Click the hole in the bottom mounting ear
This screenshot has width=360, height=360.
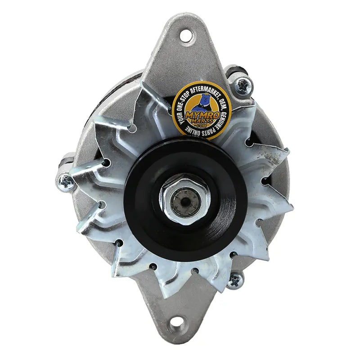(x=177, y=323)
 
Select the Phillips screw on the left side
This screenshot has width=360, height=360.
(x=66, y=181)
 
